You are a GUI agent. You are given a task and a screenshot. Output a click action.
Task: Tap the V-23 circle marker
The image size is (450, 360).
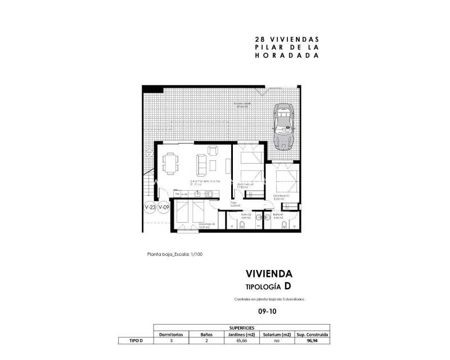click(x=150, y=208)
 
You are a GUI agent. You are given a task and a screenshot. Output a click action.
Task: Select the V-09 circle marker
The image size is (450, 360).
click(x=164, y=208)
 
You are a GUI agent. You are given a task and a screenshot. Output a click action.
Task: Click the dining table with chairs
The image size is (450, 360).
click(x=170, y=163)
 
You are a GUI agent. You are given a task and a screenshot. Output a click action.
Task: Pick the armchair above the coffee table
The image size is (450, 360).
click(x=213, y=150)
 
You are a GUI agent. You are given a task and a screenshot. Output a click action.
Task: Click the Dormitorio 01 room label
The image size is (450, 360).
click(x=281, y=196)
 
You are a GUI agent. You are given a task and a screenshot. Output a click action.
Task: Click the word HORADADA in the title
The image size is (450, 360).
click(x=287, y=56)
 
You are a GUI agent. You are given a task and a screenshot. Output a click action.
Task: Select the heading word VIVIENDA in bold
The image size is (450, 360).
click(x=269, y=274)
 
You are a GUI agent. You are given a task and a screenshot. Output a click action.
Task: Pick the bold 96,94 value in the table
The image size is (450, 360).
click(x=313, y=340)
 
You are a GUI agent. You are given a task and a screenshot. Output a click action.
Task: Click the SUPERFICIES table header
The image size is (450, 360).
click(x=241, y=327)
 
